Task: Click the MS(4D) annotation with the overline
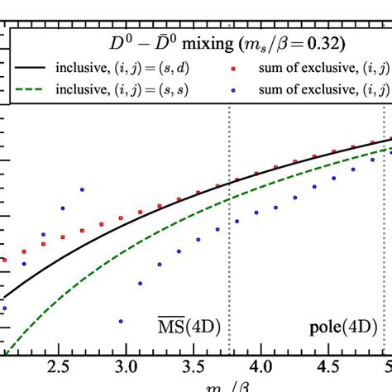coord(188,323)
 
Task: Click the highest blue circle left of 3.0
coord(82,189)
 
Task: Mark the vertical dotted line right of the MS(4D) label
coord(229,248)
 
